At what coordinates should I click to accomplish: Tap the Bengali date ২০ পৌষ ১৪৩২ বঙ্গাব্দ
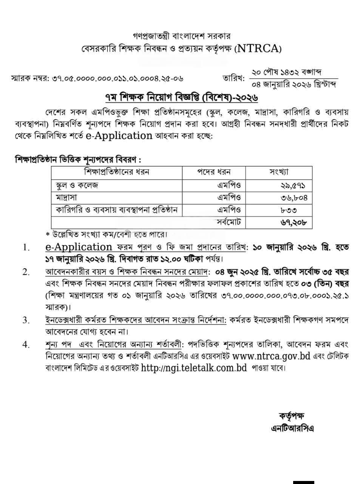coord(287,72)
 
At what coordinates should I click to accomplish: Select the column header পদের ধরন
coord(214,172)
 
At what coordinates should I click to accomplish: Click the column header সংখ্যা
coord(279,172)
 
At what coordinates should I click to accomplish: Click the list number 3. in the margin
coord(26,320)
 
